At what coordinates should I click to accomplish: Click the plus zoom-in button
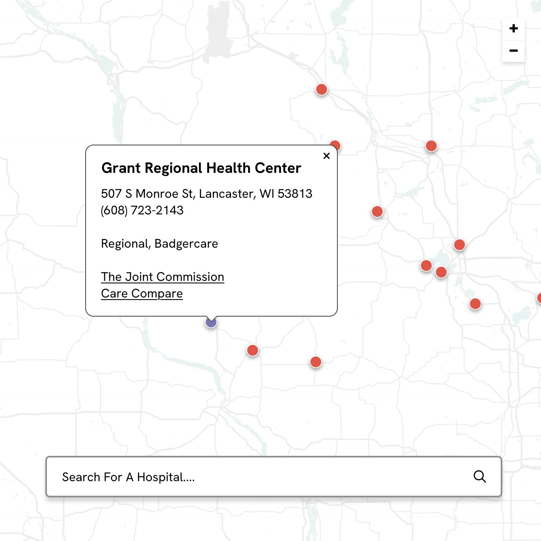[x=514, y=29]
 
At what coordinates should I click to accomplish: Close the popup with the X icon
[x=327, y=156]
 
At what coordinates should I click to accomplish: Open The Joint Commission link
[x=162, y=277]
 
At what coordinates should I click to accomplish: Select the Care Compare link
[x=142, y=293]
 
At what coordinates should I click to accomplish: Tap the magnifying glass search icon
[x=480, y=477]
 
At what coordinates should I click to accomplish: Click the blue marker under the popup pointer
[x=211, y=322]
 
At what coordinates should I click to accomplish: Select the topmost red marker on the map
[x=322, y=89]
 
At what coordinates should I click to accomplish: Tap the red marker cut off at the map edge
[x=539, y=298]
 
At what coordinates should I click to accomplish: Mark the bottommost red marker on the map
[x=316, y=362]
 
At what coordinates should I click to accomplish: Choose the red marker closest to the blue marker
[x=253, y=350]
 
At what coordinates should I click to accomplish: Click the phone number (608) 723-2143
[x=142, y=210]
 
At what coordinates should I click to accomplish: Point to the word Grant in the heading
[x=121, y=168]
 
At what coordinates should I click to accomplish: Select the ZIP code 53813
[x=295, y=194]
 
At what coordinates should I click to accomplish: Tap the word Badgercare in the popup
[x=186, y=243]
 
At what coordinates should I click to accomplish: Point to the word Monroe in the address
[x=157, y=194]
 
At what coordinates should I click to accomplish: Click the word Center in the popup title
[x=278, y=168]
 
